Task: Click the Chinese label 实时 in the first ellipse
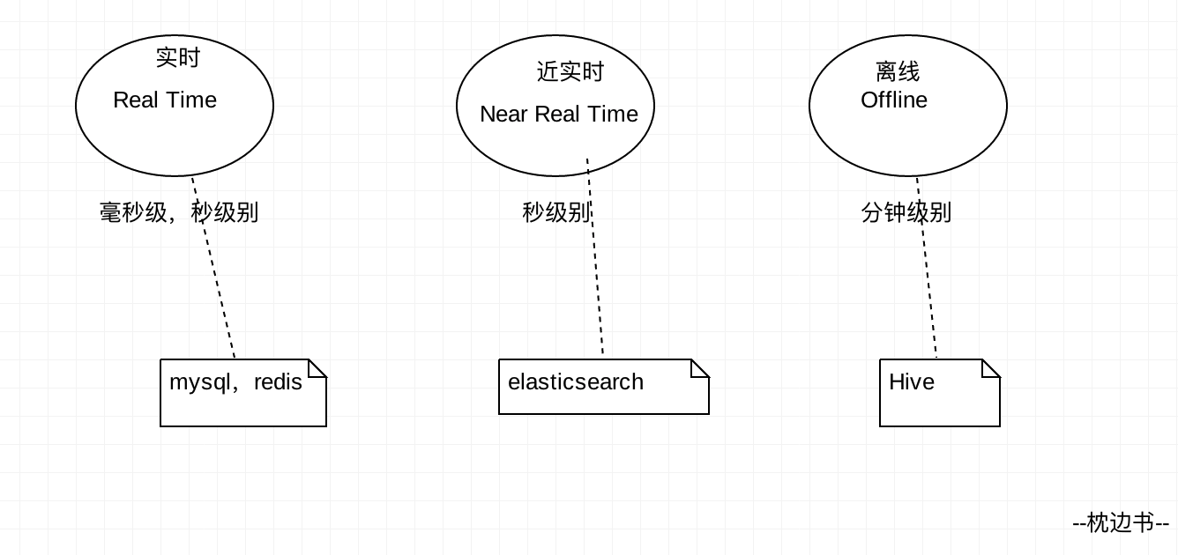tap(178, 58)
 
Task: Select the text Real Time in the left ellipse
tap(165, 100)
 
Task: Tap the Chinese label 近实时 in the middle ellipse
tap(570, 72)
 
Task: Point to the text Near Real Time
tap(558, 115)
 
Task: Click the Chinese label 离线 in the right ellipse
tap(898, 72)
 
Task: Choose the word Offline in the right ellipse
tap(893, 100)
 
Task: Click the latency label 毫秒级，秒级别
tap(178, 213)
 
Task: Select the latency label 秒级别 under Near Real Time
tap(555, 213)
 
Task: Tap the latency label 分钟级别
tap(906, 213)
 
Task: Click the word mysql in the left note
tap(198, 382)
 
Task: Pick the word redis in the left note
tap(278, 382)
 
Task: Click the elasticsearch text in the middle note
tap(576, 382)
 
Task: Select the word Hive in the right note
tap(911, 382)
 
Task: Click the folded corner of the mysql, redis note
tap(319, 366)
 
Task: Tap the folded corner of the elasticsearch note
tap(702, 366)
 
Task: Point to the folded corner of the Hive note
tap(993, 366)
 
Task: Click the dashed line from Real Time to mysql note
tap(217, 282)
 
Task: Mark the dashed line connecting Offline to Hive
tap(928, 282)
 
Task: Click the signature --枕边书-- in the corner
tap(1121, 523)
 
